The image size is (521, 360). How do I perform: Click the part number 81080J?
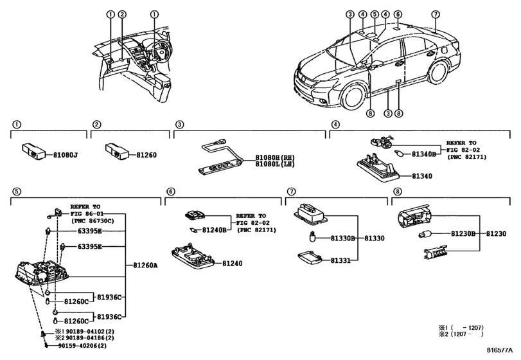pyautogui.click(x=66, y=155)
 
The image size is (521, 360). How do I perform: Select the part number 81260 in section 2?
pyautogui.click(x=146, y=155)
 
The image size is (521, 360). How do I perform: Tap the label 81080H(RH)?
pyautogui.click(x=275, y=157)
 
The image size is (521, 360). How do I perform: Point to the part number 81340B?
pyautogui.click(x=423, y=154)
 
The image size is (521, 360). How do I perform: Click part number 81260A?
pyautogui.click(x=146, y=265)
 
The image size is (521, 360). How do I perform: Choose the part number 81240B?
pyautogui.click(x=215, y=230)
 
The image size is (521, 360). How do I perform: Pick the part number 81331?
pyautogui.click(x=340, y=260)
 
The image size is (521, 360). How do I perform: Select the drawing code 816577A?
pyautogui.click(x=500, y=350)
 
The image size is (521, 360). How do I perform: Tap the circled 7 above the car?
pyautogui.click(x=436, y=14)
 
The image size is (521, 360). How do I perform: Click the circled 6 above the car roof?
pyautogui.click(x=398, y=14)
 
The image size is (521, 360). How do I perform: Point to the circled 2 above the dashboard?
pyautogui.click(x=122, y=14)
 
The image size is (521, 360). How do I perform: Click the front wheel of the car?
pyautogui.click(x=352, y=96)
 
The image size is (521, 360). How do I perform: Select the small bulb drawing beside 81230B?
pyautogui.click(x=425, y=235)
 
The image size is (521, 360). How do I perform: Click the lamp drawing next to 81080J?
pyautogui.click(x=33, y=151)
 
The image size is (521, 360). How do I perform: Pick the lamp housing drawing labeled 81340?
pyautogui.click(x=378, y=168)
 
